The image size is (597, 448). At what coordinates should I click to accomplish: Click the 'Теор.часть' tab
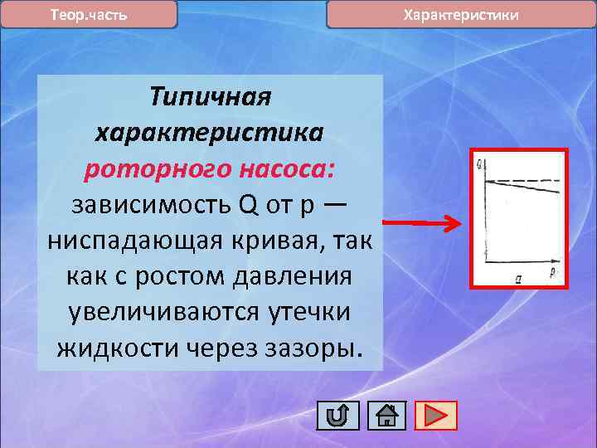(x=89, y=15)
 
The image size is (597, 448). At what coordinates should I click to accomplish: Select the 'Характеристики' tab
(x=461, y=15)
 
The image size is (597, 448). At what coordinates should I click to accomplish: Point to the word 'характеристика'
(x=210, y=134)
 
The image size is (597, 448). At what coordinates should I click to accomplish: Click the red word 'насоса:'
(x=287, y=169)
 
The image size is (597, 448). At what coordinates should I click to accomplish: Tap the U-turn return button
(x=337, y=415)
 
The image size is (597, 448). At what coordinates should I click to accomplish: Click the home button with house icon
(x=386, y=415)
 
